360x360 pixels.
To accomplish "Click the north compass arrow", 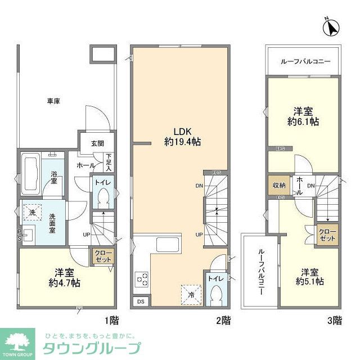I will (332, 26).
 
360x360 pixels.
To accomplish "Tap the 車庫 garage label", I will (53, 101).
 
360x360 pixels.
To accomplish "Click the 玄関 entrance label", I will (98, 143).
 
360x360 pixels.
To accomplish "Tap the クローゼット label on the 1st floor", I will (103, 257).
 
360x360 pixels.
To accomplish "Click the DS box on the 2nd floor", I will (141, 302).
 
